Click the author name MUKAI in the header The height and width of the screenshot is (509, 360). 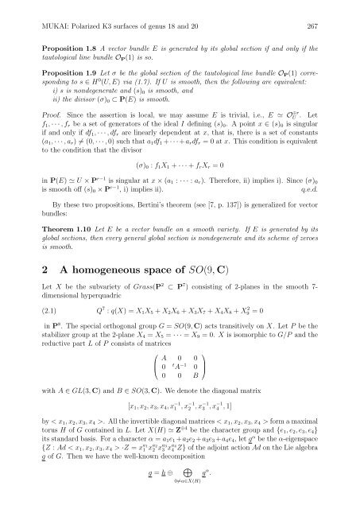39,13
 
